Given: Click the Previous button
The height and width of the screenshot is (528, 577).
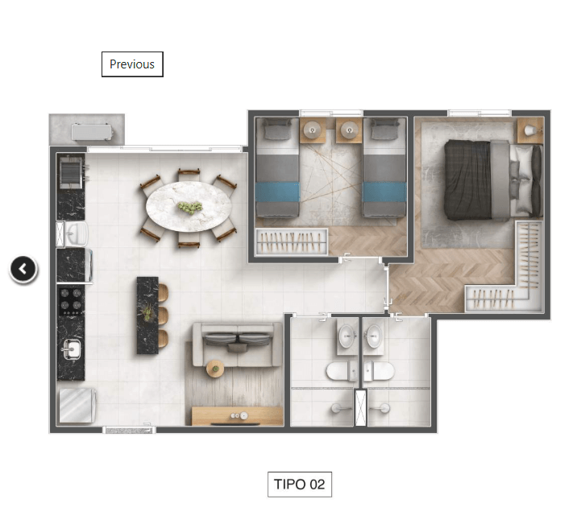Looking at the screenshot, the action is (x=132, y=64).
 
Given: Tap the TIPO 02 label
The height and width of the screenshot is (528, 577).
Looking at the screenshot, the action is (x=300, y=485).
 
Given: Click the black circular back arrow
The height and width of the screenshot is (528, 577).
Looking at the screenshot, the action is (x=23, y=270).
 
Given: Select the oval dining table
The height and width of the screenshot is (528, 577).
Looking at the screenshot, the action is (x=189, y=207).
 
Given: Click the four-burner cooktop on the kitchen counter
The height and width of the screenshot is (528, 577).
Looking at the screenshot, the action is (x=71, y=301).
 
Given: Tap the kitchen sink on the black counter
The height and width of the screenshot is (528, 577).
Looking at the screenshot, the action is (x=72, y=349).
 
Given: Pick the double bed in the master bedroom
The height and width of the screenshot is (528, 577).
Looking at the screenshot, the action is (x=493, y=180).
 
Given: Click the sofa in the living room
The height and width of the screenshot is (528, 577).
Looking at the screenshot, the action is (x=238, y=344).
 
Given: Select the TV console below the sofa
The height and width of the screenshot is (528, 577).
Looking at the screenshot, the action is (x=238, y=416).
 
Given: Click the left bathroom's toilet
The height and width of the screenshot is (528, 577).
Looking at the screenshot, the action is (x=341, y=370).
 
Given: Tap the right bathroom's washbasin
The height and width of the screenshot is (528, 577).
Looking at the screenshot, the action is (x=374, y=336).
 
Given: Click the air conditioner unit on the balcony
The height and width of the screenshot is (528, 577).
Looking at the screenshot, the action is (x=92, y=132).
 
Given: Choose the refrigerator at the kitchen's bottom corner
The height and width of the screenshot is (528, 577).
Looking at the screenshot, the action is (x=77, y=406).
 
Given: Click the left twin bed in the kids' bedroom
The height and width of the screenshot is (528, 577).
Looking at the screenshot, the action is (x=277, y=167).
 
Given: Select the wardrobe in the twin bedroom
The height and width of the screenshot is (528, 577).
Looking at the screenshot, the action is (x=292, y=241).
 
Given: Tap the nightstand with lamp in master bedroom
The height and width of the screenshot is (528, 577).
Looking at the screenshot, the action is (x=530, y=130).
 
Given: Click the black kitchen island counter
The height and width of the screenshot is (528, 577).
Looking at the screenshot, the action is (x=147, y=316).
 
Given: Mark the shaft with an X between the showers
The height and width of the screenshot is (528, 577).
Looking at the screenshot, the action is (x=361, y=408).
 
